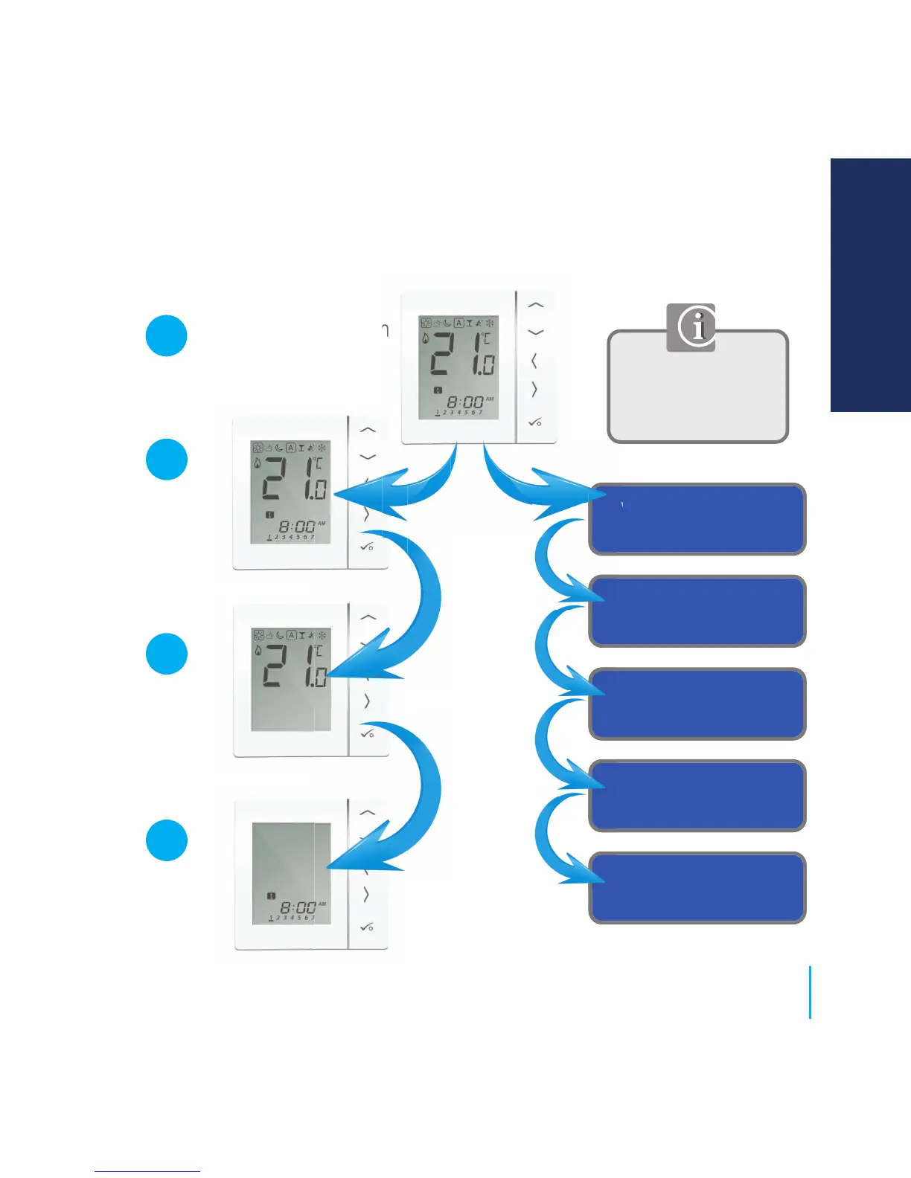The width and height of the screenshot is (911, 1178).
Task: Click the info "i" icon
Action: [x=691, y=327]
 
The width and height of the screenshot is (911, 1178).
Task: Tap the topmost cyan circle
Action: [x=166, y=335]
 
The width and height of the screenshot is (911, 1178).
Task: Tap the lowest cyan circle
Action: [x=166, y=840]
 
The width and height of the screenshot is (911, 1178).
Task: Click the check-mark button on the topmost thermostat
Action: [x=534, y=422]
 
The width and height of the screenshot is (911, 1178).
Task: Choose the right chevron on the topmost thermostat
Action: [x=534, y=389]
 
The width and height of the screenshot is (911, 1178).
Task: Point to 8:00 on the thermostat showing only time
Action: [x=298, y=907]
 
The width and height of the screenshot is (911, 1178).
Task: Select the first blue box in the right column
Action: [x=697, y=519]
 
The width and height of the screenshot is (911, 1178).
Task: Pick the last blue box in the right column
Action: [x=697, y=888]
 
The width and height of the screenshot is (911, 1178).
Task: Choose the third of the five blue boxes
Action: [x=697, y=704]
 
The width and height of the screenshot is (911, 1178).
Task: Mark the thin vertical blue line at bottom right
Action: [x=810, y=992]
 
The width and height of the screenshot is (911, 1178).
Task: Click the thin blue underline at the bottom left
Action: [x=147, y=1171]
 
